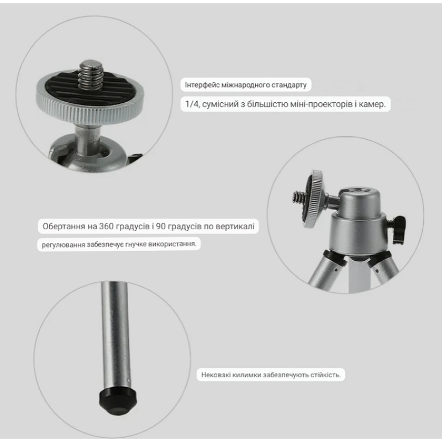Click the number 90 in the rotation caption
pyautogui.click(x=160, y=226)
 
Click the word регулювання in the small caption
pyautogui.click(x=63, y=244)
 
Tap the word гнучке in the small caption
pyautogui.click(x=134, y=244)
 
